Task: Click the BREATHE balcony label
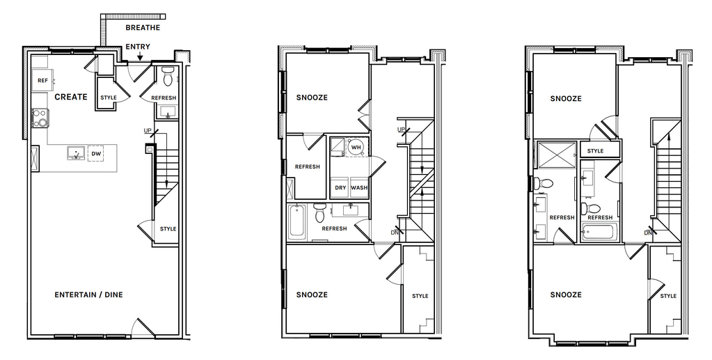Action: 143,28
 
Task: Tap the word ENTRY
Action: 138,47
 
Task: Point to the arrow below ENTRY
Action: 141,56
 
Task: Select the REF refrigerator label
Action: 42,81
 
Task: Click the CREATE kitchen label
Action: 71,97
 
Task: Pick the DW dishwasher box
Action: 96,154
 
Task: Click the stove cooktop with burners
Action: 40,118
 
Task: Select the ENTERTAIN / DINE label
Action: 88,295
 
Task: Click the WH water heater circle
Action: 356,147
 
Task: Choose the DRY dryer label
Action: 340,188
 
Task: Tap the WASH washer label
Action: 359,188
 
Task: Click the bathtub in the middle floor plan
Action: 297,221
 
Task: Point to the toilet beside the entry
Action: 168,77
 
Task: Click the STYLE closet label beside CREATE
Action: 109,97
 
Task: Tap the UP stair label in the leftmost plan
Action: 148,131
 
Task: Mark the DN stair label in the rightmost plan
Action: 648,233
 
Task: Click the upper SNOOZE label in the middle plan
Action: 312,97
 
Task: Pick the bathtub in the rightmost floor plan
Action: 600,233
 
